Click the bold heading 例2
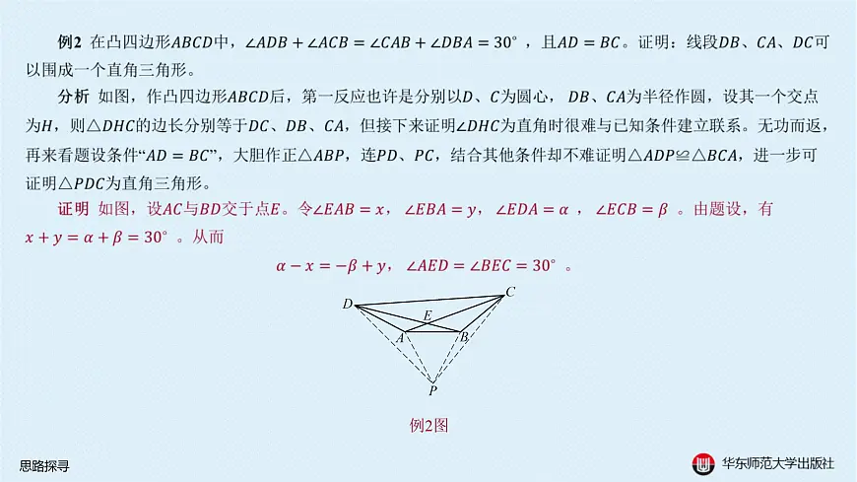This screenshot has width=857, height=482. point(69,42)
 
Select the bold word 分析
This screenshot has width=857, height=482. point(73,97)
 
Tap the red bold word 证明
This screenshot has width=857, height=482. point(73,209)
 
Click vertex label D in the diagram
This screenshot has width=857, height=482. point(348,304)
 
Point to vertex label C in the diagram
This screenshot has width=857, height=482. point(510,292)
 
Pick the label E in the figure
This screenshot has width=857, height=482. point(428,315)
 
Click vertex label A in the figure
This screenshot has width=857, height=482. point(400,338)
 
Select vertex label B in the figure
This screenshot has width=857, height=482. point(465,337)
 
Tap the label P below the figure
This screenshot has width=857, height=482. point(432,390)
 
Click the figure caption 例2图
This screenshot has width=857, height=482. point(429,425)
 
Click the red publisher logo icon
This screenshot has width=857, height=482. point(703,464)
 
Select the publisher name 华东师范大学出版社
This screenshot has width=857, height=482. point(778,464)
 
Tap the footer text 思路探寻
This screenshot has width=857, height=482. point(44,466)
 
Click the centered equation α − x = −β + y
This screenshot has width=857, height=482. point(331,266)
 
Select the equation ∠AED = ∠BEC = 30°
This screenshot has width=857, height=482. point(481,266)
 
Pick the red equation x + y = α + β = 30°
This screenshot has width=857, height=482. point(97,238)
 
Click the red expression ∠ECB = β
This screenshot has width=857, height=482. point(631,209)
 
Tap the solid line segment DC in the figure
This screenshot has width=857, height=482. point(429,301)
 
